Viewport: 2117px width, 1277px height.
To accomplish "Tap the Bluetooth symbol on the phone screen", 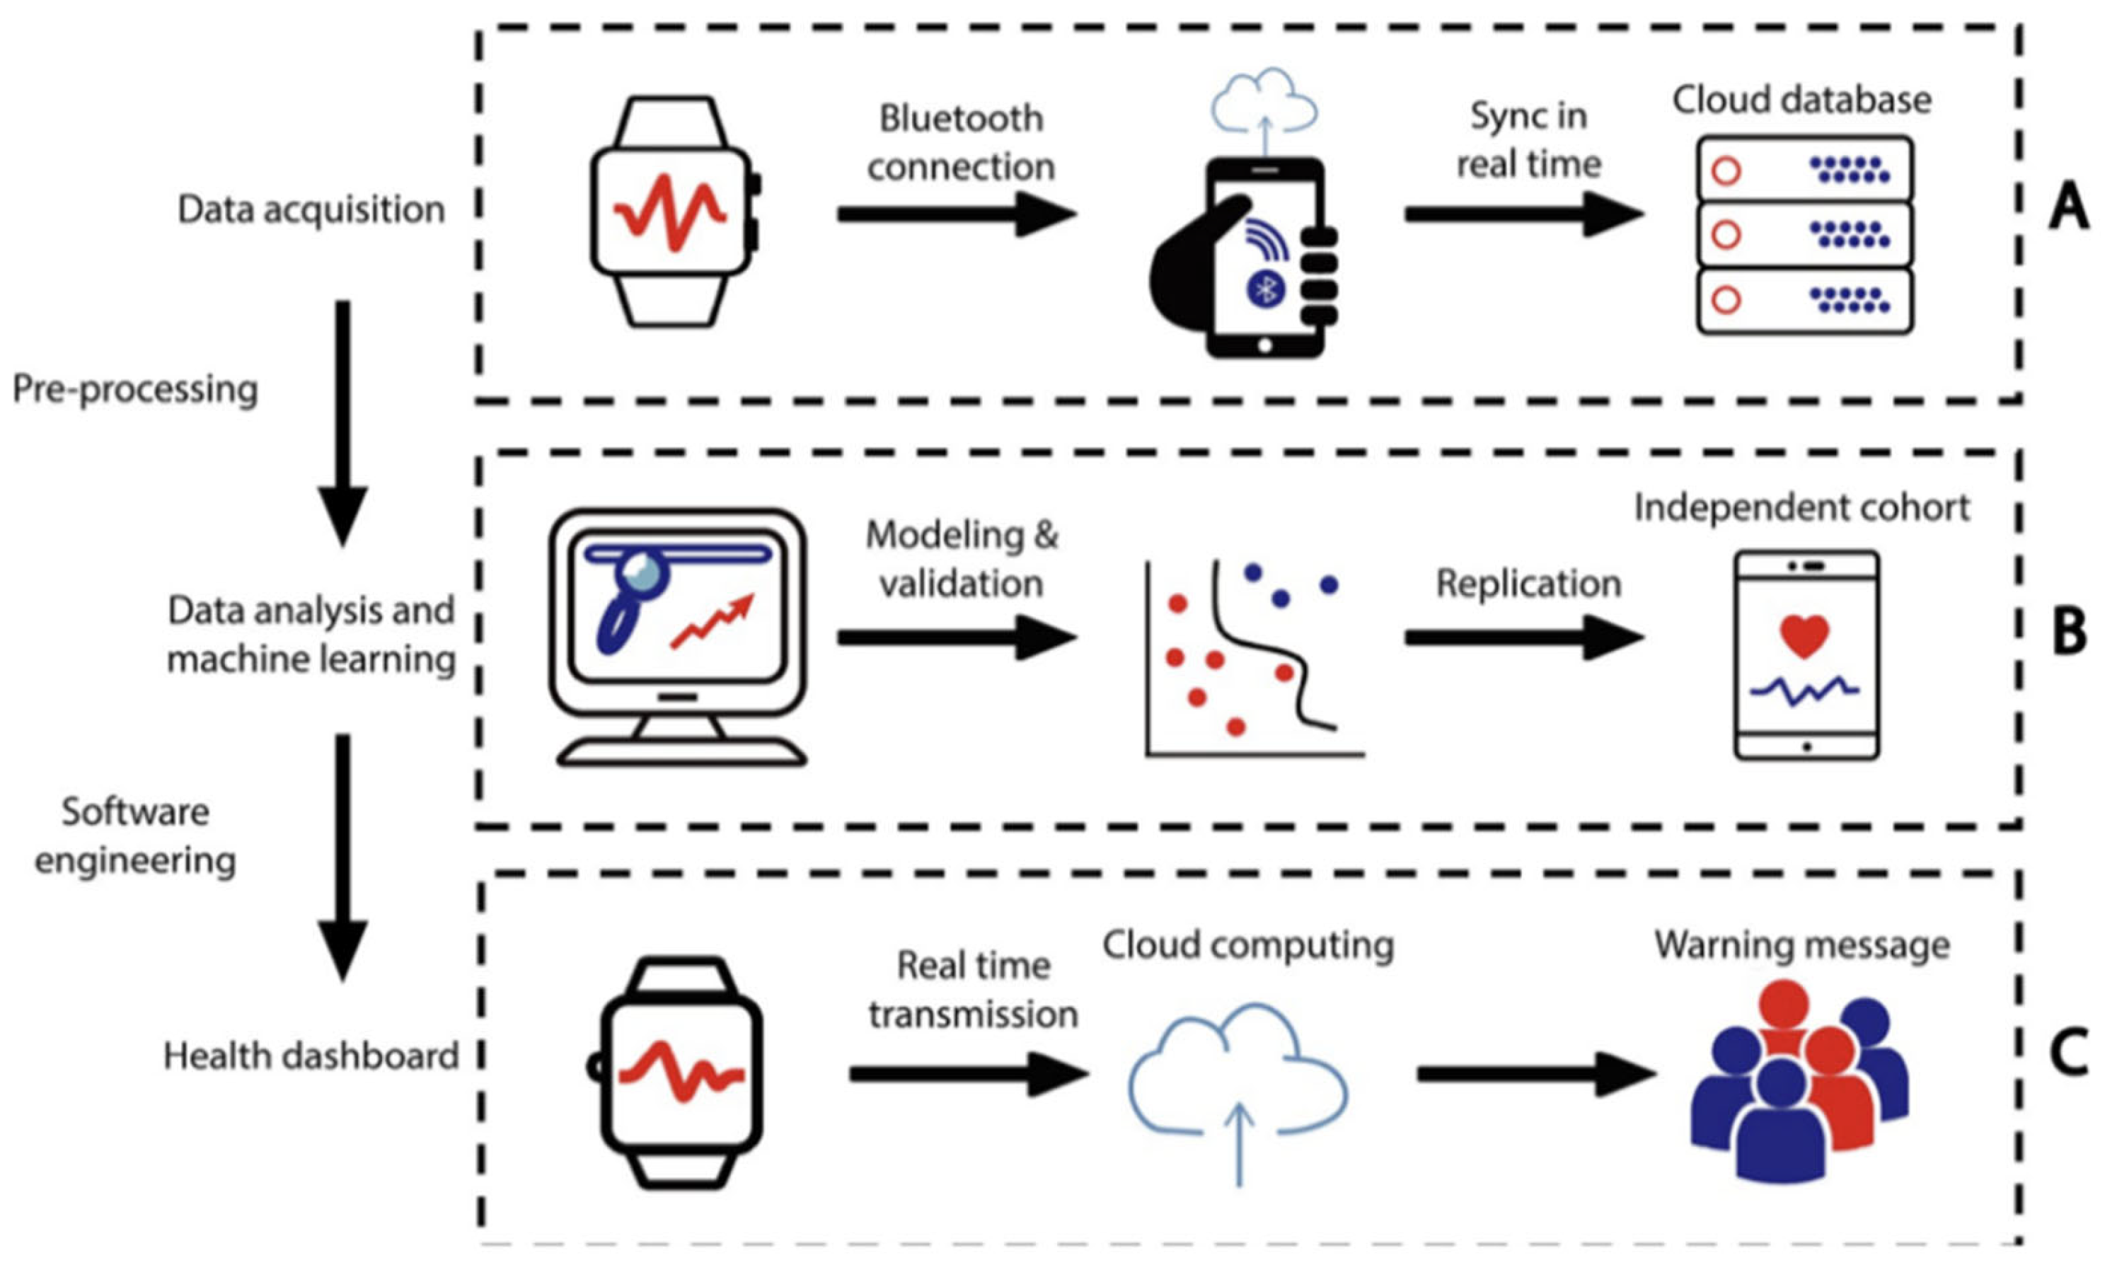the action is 1266,289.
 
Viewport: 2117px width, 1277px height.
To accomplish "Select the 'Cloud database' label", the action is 1801,100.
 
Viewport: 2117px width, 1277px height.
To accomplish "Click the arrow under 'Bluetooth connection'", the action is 957,214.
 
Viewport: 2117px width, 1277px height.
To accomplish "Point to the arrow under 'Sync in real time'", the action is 1524,214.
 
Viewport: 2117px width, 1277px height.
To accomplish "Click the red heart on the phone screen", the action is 1805,637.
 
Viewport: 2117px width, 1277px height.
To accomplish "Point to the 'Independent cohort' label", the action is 1801,508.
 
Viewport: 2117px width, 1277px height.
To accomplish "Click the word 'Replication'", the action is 1529,584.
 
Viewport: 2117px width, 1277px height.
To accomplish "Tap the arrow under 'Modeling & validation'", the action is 957,637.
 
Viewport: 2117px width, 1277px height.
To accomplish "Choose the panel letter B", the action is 2069,632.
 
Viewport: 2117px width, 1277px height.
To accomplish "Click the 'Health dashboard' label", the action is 311,1056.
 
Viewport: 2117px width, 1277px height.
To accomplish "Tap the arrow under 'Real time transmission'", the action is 969,1074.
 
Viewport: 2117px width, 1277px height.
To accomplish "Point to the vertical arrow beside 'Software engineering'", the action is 342,857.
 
